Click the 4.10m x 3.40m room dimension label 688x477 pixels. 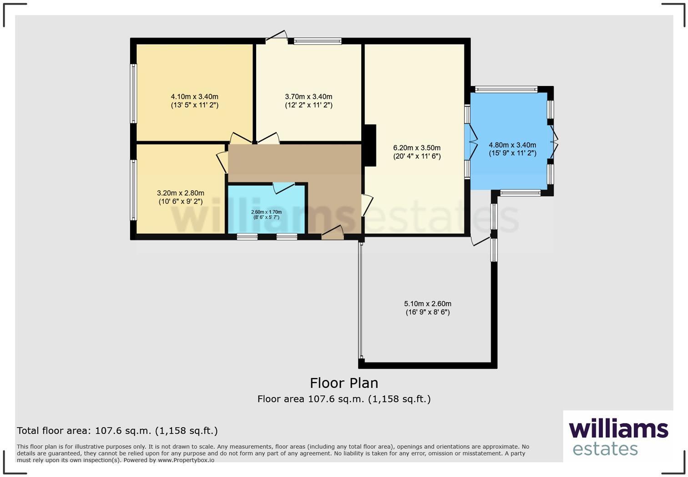[x=194, y=101]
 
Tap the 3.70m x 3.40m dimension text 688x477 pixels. [x=309, y=101]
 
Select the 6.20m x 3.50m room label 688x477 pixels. [x=417, y=152]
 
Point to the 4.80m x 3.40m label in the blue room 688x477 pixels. [x=512, y=149]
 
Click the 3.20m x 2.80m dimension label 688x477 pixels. [x=181, y=197]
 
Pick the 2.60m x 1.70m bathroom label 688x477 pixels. [x=267, y=214]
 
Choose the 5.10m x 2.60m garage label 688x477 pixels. [x=428, y=308]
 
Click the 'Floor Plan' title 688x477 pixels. [x=344, y=383]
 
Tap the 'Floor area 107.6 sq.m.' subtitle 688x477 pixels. [x=344, y=399]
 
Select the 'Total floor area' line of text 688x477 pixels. [x=117, y=431]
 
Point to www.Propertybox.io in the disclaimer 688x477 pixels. [x=186, y=460]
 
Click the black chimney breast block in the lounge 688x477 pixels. [x=370, y=145]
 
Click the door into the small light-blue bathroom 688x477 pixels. [x=283, y=187]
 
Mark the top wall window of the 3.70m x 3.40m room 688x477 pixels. [x=318, y=41]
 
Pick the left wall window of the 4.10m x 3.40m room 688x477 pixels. [x=133, y=93]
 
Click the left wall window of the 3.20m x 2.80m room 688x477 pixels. [x=133, y=190]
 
